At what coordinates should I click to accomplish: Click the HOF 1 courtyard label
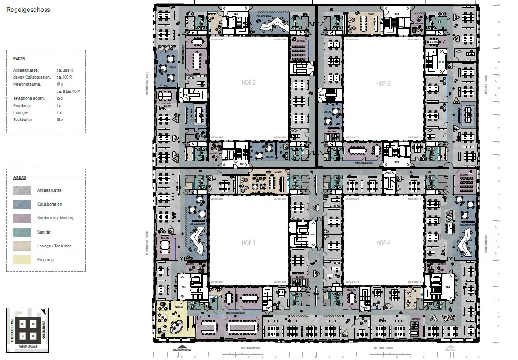[x=248, y=243]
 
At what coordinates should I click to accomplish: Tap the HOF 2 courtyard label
[x=248, y=83]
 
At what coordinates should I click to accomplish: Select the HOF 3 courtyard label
[x=383, y=83]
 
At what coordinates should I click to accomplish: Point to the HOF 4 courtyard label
[x=383, y=243]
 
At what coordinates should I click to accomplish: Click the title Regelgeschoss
[x=28, y=10]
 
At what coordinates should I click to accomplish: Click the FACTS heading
[x=19, y=59]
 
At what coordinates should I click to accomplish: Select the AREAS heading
[x=20, y=177]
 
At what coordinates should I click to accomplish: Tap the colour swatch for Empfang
[x=23, y=260]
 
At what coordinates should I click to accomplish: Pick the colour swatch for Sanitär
[x=23, y=232]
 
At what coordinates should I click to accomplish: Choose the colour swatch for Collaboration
[x=23, y=204]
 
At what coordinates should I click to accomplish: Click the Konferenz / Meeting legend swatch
[x=23, y=218]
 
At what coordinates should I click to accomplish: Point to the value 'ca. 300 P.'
[x=65, y=70]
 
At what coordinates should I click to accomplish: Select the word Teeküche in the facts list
[x=22, y=120]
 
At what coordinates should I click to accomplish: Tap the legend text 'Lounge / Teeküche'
[x=54, y=246]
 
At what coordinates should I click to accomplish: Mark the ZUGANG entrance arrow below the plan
[x=182, y=347]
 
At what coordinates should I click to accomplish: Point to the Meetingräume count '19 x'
[x=59, y=84]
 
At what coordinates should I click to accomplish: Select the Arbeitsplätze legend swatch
[x=23, y=190]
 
